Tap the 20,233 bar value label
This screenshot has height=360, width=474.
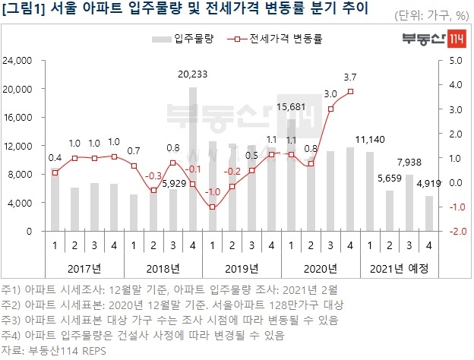(193, 74)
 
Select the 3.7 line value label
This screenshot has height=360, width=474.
(350, 77)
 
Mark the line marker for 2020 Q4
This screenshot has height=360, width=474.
(350, 92)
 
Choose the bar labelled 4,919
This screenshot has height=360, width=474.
(429, 213)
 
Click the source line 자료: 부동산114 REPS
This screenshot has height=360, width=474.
(55, 349)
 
